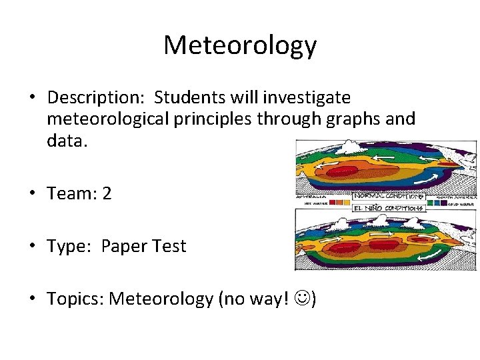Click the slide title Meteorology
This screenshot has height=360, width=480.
tap(240, 45)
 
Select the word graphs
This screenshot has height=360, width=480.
tap(355, 119)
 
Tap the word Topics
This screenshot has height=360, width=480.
tap(75, 299)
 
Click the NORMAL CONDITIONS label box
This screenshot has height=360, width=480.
tap(388, 197)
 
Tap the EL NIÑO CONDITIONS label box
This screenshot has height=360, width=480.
tap(388, 207)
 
